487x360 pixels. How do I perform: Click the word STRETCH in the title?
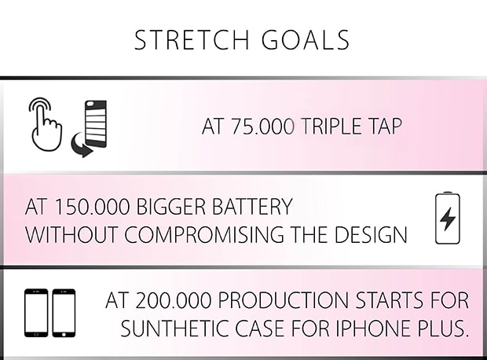192,40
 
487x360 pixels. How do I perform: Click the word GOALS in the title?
306,40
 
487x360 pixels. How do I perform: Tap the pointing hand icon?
46,124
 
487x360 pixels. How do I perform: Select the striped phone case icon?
96,123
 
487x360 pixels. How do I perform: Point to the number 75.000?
262,127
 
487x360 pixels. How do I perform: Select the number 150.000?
91,207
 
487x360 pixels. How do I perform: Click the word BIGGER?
170,207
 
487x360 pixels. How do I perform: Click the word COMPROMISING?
204,234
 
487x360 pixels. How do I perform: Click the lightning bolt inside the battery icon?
448,219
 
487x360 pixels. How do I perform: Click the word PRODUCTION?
284,300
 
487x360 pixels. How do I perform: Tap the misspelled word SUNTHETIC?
174,329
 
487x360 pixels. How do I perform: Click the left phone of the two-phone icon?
36,313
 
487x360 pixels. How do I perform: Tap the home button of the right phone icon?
64,335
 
